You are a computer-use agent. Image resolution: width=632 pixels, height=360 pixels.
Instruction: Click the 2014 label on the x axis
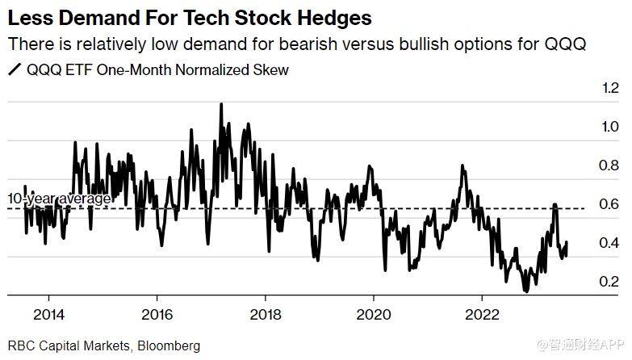pos(49,313)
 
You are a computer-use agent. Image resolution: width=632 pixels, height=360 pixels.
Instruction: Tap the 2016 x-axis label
pos(157,313)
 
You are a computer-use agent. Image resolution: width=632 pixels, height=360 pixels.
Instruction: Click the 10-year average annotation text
pos(59,199)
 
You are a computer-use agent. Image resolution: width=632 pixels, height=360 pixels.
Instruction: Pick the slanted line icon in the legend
pos(14,69)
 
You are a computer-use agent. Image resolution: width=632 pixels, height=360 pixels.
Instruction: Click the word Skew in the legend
pos(271,69)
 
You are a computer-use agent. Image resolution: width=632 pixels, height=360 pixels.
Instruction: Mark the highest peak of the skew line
pos(221,103)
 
